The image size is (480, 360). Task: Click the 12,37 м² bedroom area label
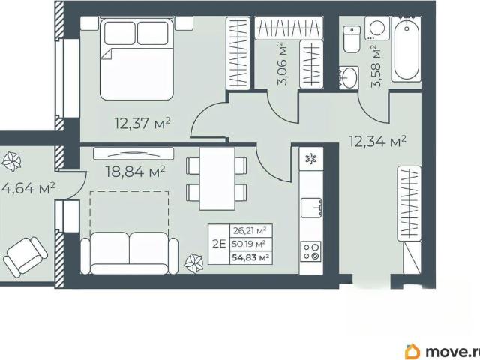click(142, 123)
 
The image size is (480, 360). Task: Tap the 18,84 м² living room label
click(135, 172)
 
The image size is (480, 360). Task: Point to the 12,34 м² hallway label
click(378, 142)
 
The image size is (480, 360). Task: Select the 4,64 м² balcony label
click(28, 188)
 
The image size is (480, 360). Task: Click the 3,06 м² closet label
click(282, 64)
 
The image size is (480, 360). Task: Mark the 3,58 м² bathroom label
click(376, 67)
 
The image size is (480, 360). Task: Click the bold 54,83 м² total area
click(250, 257)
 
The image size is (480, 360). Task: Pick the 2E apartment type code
click(219, 244)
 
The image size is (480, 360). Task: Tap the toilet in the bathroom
click(352, 39)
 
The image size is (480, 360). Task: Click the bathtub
click(406, 48)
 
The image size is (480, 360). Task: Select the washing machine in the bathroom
click(377, 28)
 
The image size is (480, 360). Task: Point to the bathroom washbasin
click(348, 77)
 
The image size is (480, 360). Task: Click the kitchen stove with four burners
click(311, 251)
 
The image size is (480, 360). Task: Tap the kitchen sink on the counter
click(311, 208)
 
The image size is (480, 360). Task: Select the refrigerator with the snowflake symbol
click(311, 159)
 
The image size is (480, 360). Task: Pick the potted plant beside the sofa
click(194, 263)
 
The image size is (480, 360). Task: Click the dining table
click(217, 178)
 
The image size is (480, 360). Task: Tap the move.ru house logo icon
click(412, 351)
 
